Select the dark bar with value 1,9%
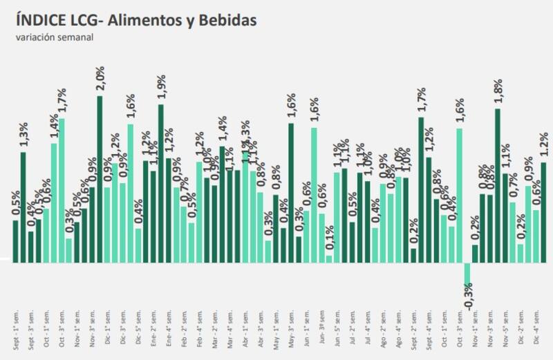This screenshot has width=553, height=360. pos(161,183)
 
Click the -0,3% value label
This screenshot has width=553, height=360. pos(469,296)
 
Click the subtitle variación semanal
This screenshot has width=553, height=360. pos(55,37)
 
